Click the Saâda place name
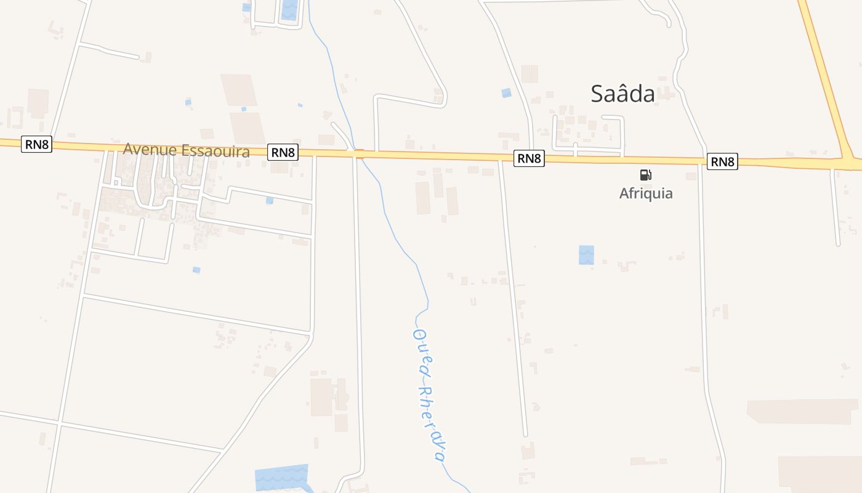(622, 94)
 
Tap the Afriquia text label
(646, 194)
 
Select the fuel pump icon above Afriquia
(645, 175)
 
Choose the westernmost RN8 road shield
(37, 144)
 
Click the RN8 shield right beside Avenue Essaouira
(283, 152)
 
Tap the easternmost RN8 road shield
(722, 161)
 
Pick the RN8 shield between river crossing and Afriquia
(530, 158)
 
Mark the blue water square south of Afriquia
(586, 255)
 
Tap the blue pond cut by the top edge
(288, 9)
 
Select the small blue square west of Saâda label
(506, 93)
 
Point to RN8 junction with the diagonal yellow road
(850, 163)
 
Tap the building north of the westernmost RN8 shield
(38, 103)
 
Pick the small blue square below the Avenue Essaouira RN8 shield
(269, 200)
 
